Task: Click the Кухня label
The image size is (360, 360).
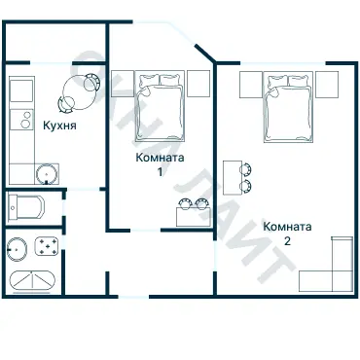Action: pyautogui.click(x=60, y=126)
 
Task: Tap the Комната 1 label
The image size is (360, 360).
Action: pyautogui.click(x=160, y=164)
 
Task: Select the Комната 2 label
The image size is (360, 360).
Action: pyautogui.click(x=287, y=234)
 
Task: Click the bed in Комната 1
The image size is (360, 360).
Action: pyautogui.click(x=161, y=106)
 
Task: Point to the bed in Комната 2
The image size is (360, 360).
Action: pyautogui.click(x=288, y=107)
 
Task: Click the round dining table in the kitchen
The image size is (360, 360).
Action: pyautogui.click(x=79, y=92)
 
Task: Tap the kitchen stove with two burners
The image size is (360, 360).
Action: pyautogui.click(x=21, y=119)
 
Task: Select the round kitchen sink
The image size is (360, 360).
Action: pyautogui.click(x=47, y=174)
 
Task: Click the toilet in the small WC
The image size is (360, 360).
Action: pyautogui.click(x=26, y=207)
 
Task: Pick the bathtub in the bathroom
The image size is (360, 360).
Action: pyautogui.click(x=32, y=280)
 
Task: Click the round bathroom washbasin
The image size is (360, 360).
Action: pyautogui.click(x=18, y=249)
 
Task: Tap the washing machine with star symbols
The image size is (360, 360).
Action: pyautogui.click(x=47, y=247)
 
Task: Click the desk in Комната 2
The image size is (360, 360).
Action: pyautogui.click(x=233, y=178)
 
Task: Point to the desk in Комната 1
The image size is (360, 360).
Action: pyautogui.click(x=193, y=217)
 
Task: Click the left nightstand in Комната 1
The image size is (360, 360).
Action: pyautogui.click(x=123, y=84)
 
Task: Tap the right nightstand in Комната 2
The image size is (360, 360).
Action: pyautogui.click(x=327, y=85)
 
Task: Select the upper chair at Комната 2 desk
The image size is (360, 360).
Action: pyautogui.click(x=246, y=168)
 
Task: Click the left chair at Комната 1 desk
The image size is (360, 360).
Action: pyautogui.click(x=185, y=203)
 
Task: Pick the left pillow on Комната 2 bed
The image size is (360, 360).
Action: pyautogui.click(x=277, y=82)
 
